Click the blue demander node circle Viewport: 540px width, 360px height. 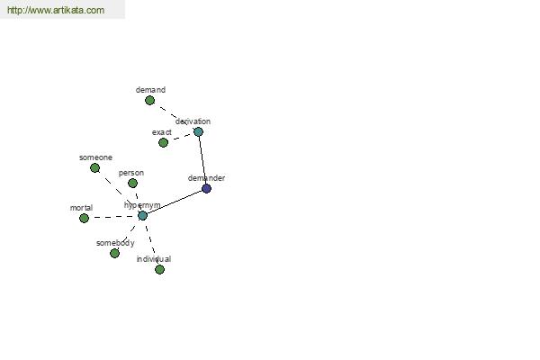tap(206, 188)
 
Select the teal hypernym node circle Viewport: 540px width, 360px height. tap(142, 216)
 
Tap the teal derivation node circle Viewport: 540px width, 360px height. tap(198, 131)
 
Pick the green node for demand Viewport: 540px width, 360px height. tap(149, 100)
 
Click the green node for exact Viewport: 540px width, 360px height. tap(163, 142)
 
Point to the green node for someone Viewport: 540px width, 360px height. tap(95, 167)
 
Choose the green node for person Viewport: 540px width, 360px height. tap(132, 183)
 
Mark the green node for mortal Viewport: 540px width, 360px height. tap(84, 218)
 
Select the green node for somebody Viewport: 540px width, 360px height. tap(114, 253)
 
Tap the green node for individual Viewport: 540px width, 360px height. tap(159, 269)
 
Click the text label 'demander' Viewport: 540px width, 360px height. tap(206, 178)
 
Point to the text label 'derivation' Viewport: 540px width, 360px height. tap(193, 121)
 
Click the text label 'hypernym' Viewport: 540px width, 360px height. tap(142, 205)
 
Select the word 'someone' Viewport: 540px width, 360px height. tap(95, 157)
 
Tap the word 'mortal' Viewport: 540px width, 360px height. tap(81, 208)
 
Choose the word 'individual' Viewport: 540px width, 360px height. tap(154, 259)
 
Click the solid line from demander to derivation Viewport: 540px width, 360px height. tap(202, 160)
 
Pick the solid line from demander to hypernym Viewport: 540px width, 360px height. tap(175, 202)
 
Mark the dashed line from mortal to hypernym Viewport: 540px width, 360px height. tap(113, 217)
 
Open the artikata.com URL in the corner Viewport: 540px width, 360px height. tap(56, 10)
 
